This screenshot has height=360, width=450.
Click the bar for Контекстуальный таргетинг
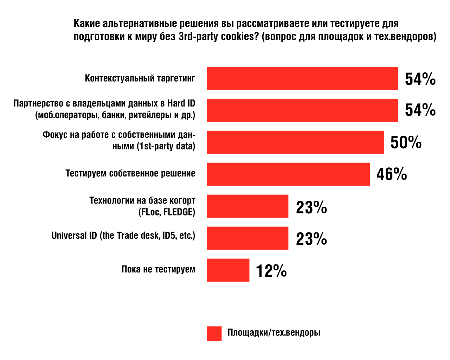click(x=302, y=78)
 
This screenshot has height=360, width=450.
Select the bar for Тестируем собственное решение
click(x=288, y=174)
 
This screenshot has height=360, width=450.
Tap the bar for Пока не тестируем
click(x=228, y=270)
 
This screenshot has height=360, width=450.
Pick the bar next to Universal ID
click(x=247, y=238)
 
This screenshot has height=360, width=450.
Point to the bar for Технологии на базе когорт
click(x=247, y=206)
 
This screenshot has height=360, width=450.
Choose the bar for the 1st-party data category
click(x=295, y=142)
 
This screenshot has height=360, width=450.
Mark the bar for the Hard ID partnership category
click(x=302, y=110)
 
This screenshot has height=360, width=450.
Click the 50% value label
click(x=406, y=142)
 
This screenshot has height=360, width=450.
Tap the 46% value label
click(x=392, y=174)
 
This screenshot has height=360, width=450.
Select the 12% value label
click(x=271, y=271)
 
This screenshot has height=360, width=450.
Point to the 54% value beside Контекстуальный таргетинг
click(x=420, y=79)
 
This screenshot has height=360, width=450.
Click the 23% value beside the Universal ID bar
click(x=311, y=239)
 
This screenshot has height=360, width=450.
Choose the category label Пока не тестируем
click(x=158, y=270)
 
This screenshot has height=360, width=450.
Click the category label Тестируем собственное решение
click(x=130, y=174)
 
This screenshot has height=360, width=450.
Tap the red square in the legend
click(x=214, y=334)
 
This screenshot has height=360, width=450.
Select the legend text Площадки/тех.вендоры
click(x=274, y=333)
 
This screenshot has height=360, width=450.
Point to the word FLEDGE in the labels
click(x=179, y=212)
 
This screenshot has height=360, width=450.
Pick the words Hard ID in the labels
click(x=181, y=103)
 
